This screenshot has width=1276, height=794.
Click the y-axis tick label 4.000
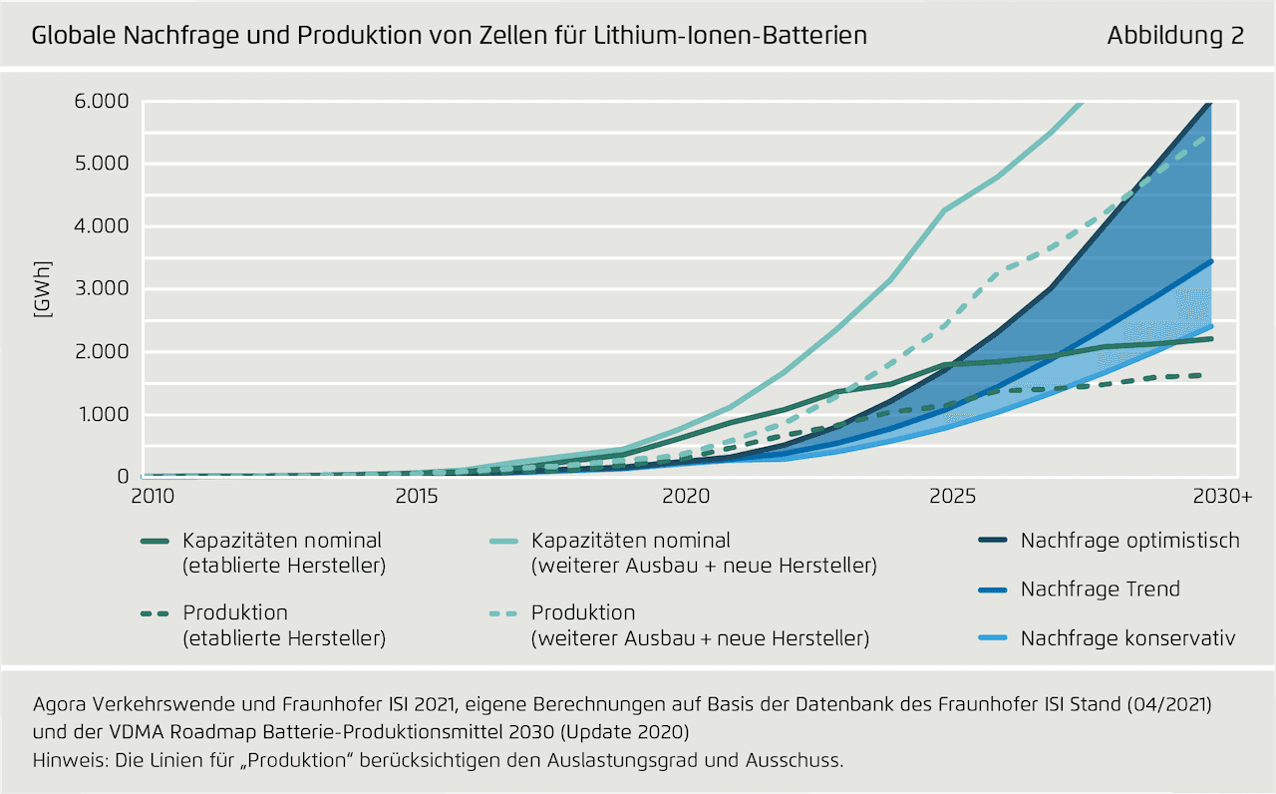pos(103,226)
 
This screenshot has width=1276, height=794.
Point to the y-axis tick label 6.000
pos(103,101)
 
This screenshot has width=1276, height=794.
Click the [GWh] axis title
pos(42,289)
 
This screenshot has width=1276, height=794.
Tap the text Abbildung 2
pos(1175,36)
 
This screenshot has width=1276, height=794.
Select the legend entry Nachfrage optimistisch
pos(1129,541)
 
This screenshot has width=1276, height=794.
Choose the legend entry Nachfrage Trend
pos(1100,589)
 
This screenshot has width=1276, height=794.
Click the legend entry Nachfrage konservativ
pos(1127,637)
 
